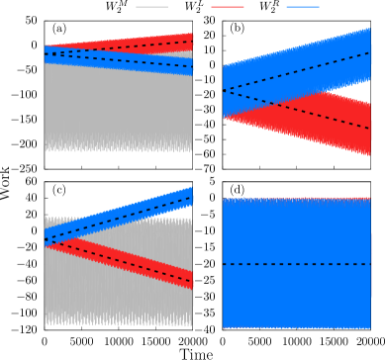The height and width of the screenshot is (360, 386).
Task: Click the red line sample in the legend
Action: coord(227,7)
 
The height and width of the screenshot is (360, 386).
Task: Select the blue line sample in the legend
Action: coord(302,7)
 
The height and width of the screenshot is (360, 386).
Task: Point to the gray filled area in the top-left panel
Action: coord(119,109)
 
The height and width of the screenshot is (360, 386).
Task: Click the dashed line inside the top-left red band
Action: coord(148,45)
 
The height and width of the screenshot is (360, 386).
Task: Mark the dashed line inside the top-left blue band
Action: coord(119,60)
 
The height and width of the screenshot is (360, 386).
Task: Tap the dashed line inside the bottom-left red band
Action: coord(119,260)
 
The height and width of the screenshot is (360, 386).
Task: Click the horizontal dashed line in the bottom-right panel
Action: coord(297,264)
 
